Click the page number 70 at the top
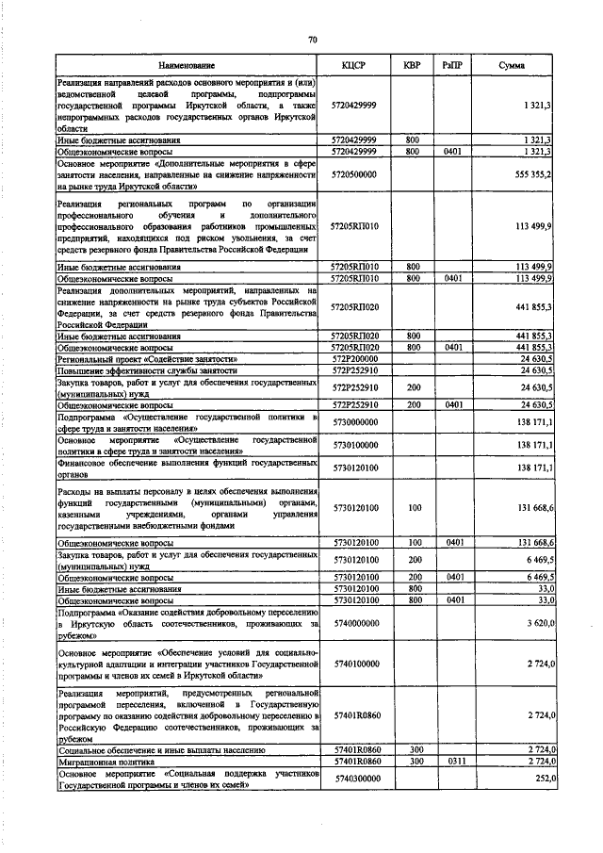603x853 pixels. tap(311, 39)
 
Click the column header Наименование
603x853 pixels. tap(187, 65)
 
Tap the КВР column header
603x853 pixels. tap(412, 65)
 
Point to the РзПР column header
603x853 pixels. tap(451, 65)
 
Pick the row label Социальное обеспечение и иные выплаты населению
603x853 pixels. tap(150, 749)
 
